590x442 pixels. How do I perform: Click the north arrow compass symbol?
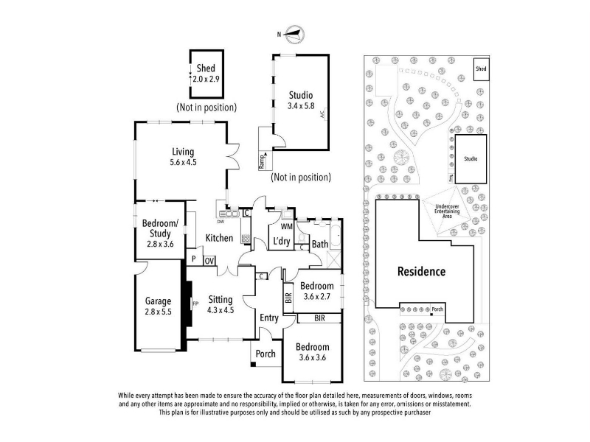[294, 33]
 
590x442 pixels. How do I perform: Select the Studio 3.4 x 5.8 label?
[300, 100]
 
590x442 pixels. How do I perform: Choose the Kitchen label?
[219, 238]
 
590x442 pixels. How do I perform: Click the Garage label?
[158, 306]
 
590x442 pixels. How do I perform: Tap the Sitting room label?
[221, 304]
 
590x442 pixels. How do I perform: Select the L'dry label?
[281, 242]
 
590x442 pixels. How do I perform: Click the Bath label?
[320, 244]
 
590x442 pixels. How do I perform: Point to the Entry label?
[268, 318]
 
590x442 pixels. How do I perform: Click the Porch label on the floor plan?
[265, 354]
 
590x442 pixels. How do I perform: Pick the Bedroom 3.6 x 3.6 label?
[313, 352]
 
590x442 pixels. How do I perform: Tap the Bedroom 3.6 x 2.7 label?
[317, 291]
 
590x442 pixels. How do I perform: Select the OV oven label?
[209, 260]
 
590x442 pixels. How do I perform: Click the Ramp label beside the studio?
[262, 160]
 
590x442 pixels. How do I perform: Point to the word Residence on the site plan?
[422, 271]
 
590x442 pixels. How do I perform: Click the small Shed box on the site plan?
[481, 69]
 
